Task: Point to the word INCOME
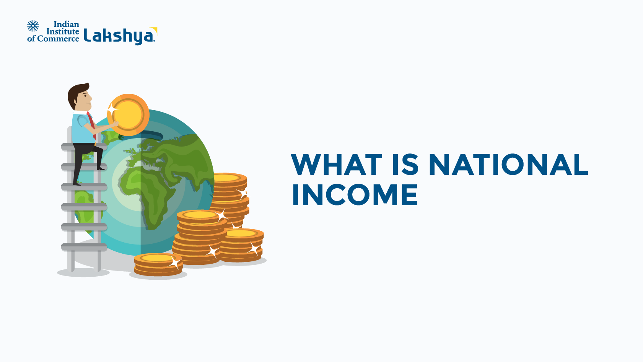[355, 195]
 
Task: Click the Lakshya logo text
[119, 36]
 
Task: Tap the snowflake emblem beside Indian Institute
[33, 26]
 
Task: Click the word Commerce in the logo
[58, 39]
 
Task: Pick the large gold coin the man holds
[128, 114]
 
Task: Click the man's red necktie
[91, 122]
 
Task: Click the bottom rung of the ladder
[84, 247]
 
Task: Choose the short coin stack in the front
[158, 264]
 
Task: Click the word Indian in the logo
[66, 24]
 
